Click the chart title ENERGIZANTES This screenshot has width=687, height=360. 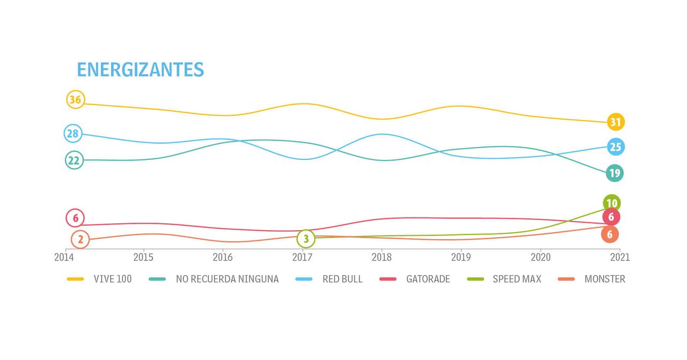click(140, 70)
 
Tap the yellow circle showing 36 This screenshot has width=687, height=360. click(76, 100)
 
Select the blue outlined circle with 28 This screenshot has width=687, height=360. click(73, 134)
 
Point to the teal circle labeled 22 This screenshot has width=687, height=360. click(75, 160)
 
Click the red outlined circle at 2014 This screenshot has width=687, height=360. click(75, 218)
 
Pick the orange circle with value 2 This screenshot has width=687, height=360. click(80, 240)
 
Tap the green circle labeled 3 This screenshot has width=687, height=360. click(306, 238)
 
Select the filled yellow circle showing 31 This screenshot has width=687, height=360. click(616, 122)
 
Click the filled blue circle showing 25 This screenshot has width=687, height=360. click(616, 147)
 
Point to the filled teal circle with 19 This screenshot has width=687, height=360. click(615, 173)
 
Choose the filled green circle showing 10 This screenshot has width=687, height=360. click(612, 203)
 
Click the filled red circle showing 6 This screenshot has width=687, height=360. click(611, 217)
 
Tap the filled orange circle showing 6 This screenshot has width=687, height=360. click(610, 234)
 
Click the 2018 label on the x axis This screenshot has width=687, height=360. click(382, 258)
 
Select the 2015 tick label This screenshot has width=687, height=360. click(143, 258)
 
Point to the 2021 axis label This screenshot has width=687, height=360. click(620, 258)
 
